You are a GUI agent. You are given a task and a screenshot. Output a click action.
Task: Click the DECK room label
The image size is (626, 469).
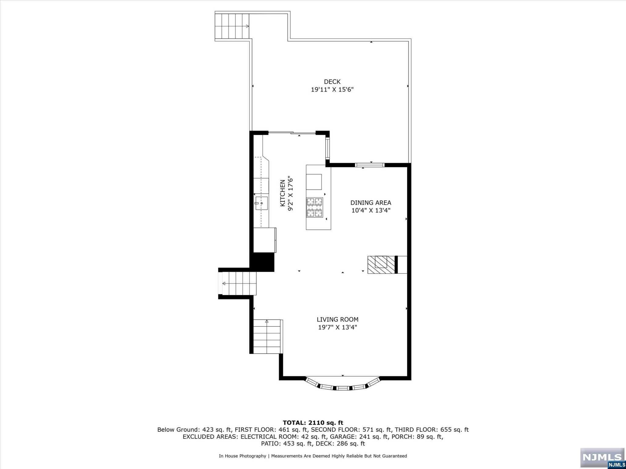tap(332, 82)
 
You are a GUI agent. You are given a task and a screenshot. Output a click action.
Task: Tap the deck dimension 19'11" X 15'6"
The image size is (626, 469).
tap(332, 90)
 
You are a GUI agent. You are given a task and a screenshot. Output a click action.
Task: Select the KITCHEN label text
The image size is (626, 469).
tap(283, 193)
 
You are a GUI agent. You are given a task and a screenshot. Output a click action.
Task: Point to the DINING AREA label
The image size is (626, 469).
tap(371, 203)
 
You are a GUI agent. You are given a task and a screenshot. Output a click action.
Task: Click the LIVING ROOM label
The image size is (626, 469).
tap(337, 320)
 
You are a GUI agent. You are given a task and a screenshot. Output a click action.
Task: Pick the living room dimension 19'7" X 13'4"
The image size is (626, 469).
tap(337, 328)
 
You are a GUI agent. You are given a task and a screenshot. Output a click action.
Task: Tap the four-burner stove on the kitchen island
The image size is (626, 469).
tap(315, 208)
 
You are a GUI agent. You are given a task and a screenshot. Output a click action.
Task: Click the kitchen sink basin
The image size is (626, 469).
tap(262, 203)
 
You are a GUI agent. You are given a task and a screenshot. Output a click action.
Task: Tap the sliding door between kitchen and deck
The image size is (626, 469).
tap(292, 133)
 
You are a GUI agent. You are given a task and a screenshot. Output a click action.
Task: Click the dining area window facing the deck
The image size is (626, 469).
tap(370, 165)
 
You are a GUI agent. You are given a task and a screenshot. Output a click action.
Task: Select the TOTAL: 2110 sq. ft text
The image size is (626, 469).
tap(313, 423)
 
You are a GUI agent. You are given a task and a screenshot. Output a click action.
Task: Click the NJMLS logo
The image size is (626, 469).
tap(602, 457)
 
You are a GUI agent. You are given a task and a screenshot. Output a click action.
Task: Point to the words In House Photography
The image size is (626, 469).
tap(242, 456)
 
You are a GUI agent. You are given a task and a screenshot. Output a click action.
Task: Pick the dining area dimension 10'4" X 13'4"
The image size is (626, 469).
tap(371, 210)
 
